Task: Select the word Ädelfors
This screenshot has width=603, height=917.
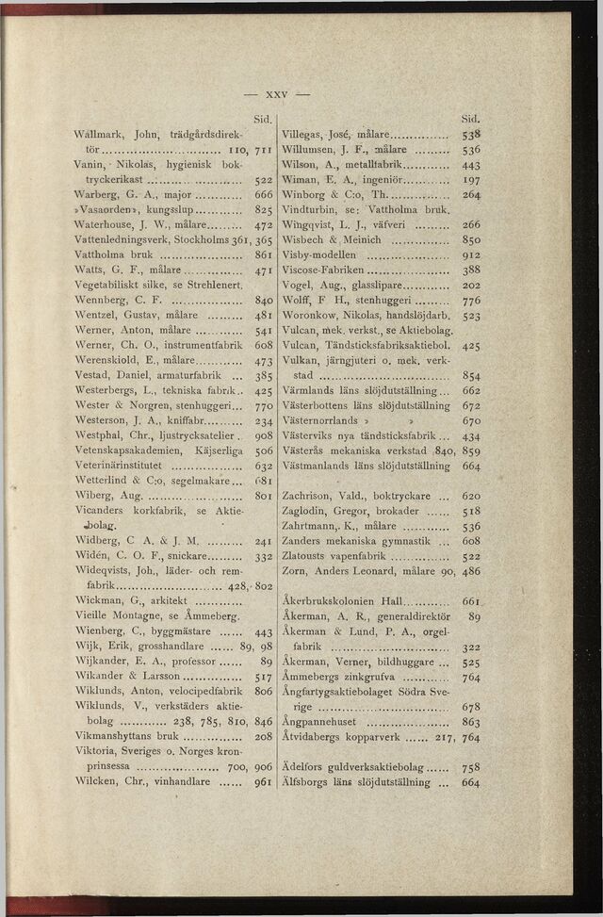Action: (312, 767)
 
